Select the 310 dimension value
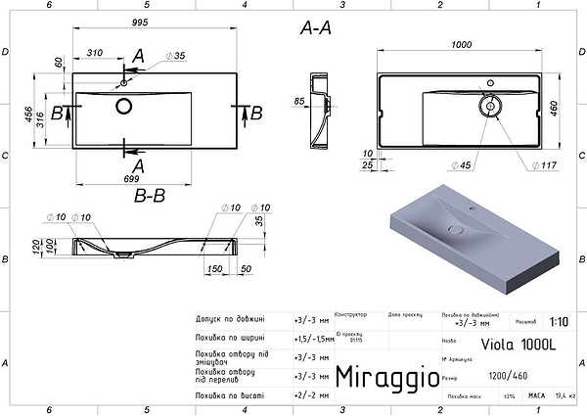(x=94, y=51)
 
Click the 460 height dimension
(x=553, y=107)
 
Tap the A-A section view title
(x=315, y=28)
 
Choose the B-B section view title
(x=151, y=194)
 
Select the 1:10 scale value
(x=559, y=320)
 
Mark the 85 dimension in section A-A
(x=299, y=101)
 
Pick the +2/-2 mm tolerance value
(x=312, y=396)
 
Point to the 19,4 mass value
(x=565, y=396)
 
